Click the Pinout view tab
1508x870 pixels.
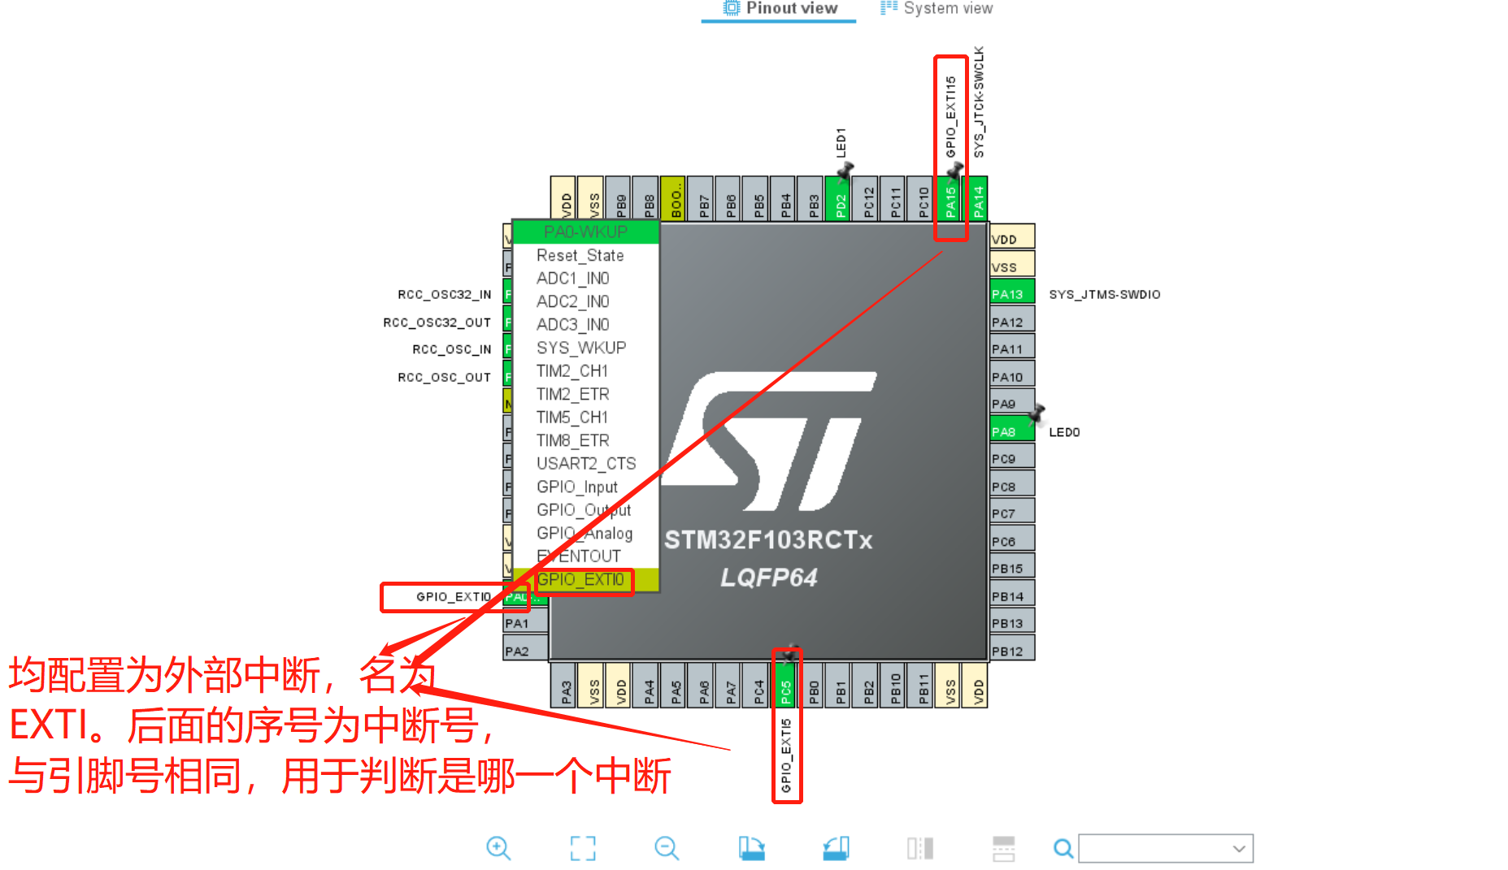[780, 9]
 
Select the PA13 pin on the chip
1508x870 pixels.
[1010, 294]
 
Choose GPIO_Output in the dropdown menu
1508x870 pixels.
[584, 510]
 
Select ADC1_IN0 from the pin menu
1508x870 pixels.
[572, 279]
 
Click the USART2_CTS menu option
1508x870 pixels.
[585, 464]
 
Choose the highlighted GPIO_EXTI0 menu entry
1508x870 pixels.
[580, 580]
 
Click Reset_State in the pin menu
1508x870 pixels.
[580, 256]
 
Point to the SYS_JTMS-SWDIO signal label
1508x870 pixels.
[1104, 294]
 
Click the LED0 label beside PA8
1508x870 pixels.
[1064, 432]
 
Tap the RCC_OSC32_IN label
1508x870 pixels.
[444, 294]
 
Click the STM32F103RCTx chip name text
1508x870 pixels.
[768, 540]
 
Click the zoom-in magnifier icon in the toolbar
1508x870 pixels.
[498, 848]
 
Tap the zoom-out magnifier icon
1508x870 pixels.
[667, 848]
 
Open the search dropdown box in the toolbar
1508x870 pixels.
[1165, 848]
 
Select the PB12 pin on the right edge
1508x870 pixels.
[1010, 651]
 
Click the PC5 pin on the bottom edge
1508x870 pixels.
[786, 687]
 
